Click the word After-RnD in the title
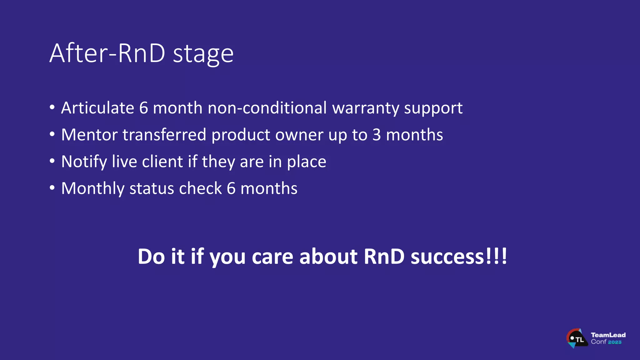click(x=107, y=53)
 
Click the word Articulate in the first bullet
click(x=97, y=108)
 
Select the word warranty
click(x=365, y=109)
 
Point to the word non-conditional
click(x=267, y=108)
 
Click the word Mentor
click(x=89, y=135)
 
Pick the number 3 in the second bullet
click(x=377, y=135)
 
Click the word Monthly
click(x=93, y=189)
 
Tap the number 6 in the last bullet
click(x=231, y=189)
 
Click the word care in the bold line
click(x=272, y=257)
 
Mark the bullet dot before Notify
click(x=52, y=161)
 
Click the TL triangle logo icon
click(x=577, y=339)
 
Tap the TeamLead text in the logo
click(x=608, y=335)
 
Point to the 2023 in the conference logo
click(x=615, y=342)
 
